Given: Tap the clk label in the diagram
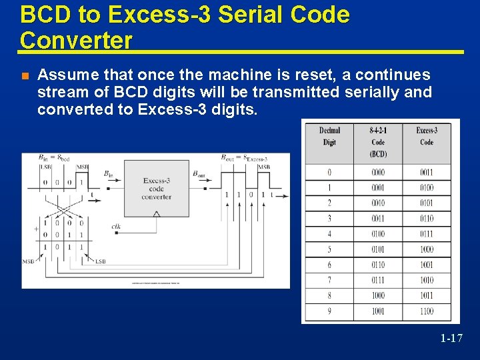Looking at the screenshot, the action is click(x=116, y=227).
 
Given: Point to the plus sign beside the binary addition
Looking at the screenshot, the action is click(x=36, y=228).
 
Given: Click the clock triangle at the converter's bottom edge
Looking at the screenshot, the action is click(x=157, y=214).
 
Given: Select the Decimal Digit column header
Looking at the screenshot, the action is click(x=329, y=136).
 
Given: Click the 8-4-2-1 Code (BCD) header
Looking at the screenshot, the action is click(x=378, y=142).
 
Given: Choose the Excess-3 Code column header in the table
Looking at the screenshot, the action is click(x=427, y=136).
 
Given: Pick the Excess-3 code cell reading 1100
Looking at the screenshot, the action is click(x=427, y=311).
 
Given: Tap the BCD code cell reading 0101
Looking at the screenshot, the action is click(x=378, y=249).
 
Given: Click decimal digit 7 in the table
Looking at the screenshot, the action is click(x=329, y=281).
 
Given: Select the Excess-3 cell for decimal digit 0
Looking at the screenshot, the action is click(x=427, y=173).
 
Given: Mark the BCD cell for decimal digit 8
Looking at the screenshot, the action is click(x=378, y=296).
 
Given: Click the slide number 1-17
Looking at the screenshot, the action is click(x=451, y=339).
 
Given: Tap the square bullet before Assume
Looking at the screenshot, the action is click(x=25, y=75).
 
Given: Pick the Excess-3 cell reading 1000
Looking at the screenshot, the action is click(x=427, y=249).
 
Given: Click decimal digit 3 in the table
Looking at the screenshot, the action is click(x=329, y=219).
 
